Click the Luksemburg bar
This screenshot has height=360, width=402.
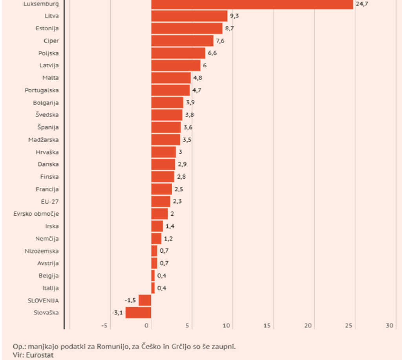point(252,4)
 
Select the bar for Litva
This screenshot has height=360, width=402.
point(189,16)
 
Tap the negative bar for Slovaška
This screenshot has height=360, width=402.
point(138,313)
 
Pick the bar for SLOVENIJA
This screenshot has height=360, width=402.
point(145,301)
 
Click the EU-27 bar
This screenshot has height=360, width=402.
point(161,202)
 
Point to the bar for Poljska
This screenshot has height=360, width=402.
point(178,53)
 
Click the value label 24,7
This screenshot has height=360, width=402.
point(362,4)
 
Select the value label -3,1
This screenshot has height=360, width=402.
point(117,313)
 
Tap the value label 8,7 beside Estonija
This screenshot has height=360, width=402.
point(230,29)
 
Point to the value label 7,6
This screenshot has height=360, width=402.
point(220,41)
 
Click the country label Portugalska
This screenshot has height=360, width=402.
point(42,90)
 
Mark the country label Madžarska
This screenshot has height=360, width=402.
point(44,140)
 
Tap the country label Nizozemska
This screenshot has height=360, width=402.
point(42,251)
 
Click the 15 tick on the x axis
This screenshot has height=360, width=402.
point(268,326)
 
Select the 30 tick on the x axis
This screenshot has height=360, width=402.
point(389,326)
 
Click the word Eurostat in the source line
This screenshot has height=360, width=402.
point(39,355)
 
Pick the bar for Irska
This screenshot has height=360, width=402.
point(157,226)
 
